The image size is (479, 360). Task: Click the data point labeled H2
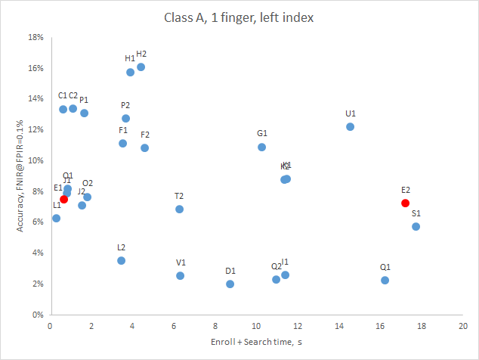[x=141, y=67]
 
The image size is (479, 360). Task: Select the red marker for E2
[x=406, y=203]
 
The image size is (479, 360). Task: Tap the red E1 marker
[x=63, y=199]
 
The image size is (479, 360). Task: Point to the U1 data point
[x=350, y=126]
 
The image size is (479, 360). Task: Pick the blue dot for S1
[x=416, y=226]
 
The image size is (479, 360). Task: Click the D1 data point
[x=230, y=284]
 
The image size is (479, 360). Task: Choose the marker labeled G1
[x=261, y=147]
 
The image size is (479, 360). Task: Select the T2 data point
[x=179, y=209]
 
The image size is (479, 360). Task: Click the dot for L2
[x=121, y=260]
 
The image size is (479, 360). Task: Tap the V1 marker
[x=181, y=275]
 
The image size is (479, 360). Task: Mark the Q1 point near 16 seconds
[x=385, y=280]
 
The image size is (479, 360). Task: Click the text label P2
[x=125, y=105]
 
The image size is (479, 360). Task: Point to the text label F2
[x=145, y=135]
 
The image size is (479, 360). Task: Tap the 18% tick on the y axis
[x=35, y=37]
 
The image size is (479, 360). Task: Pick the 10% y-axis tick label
[x=35, y=160]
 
